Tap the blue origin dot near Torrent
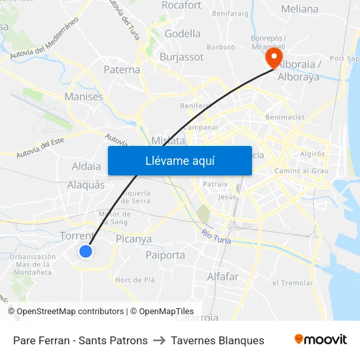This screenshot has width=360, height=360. coord(85,251)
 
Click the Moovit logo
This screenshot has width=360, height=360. coord(321,340)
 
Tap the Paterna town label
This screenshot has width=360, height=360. coord(122,69)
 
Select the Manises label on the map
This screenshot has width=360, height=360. coord(84,97)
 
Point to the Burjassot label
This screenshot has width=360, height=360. coord(181,57)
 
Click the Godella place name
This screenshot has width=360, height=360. coord(183,33)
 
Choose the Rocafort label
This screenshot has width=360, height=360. coord(181,5)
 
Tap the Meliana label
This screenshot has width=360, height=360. coord(299,9)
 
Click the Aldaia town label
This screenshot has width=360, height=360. coord(86,166)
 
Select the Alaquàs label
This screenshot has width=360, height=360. coord(86,185)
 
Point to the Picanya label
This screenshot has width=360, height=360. coord(134,240)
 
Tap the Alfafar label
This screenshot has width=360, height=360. coord(223,277)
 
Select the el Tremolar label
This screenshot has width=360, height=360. coord(292,283)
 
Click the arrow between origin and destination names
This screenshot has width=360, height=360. coord(159,340)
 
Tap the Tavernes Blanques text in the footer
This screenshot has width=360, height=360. coord(217,340)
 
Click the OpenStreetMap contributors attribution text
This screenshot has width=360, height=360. coord(70,312)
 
